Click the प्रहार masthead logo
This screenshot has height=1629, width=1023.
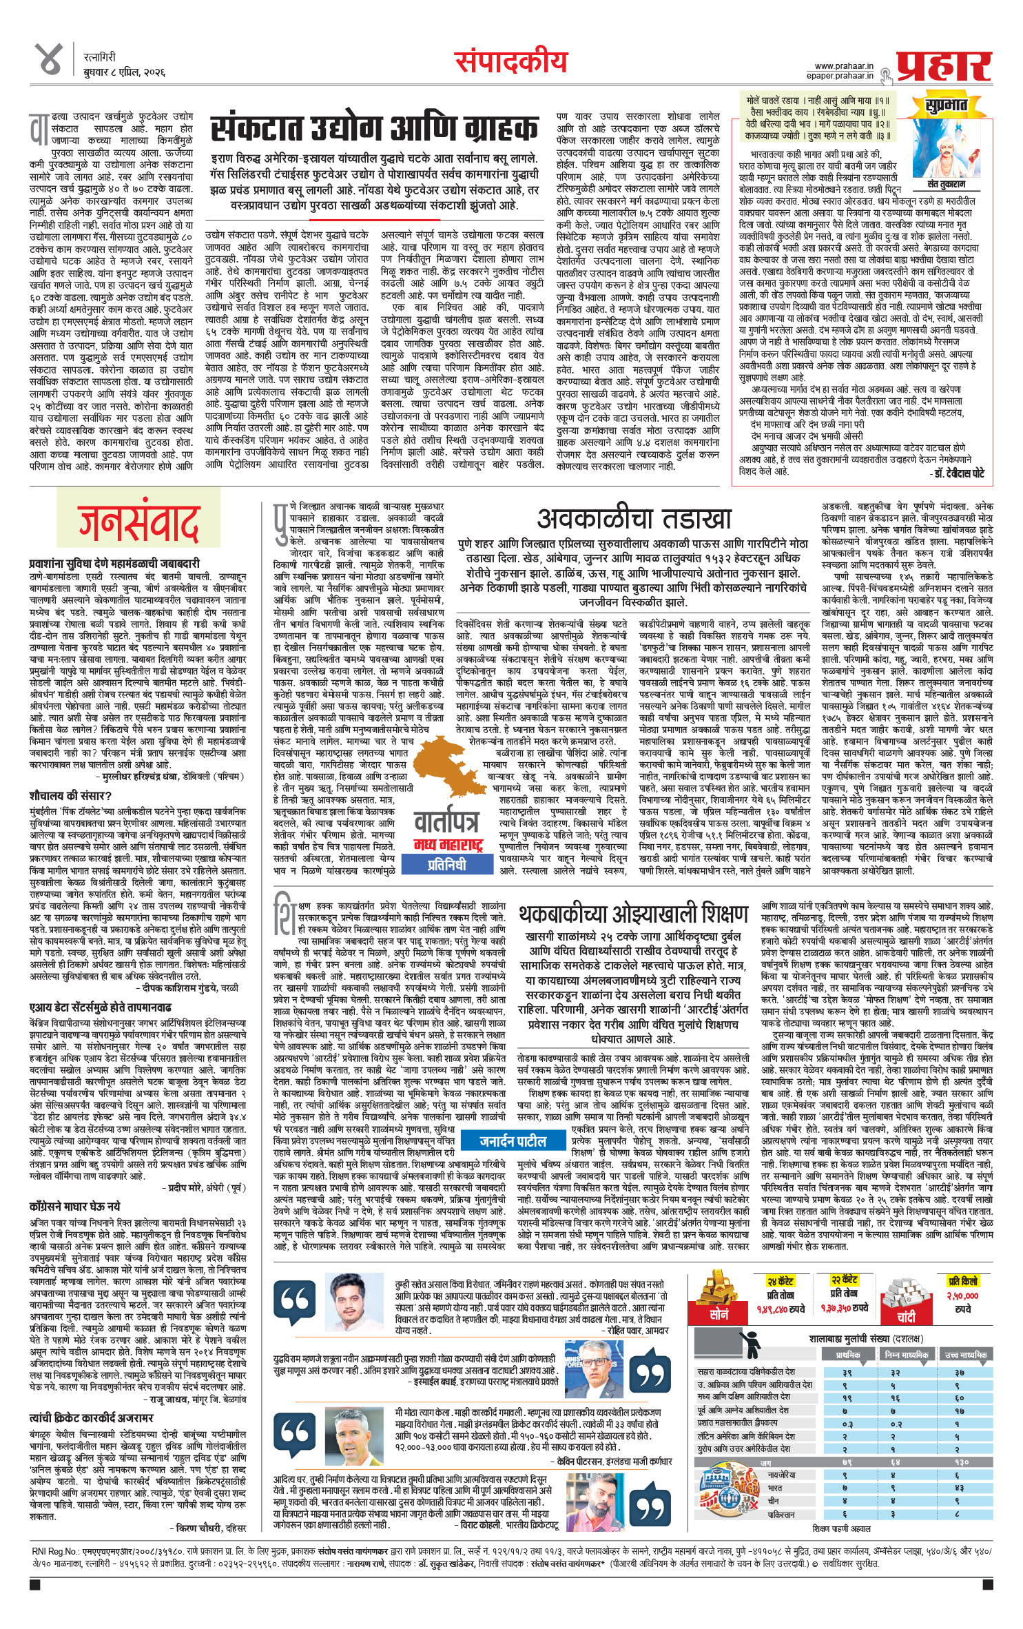coord(943,65)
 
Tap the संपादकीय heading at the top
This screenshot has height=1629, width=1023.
coord(511,63)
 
